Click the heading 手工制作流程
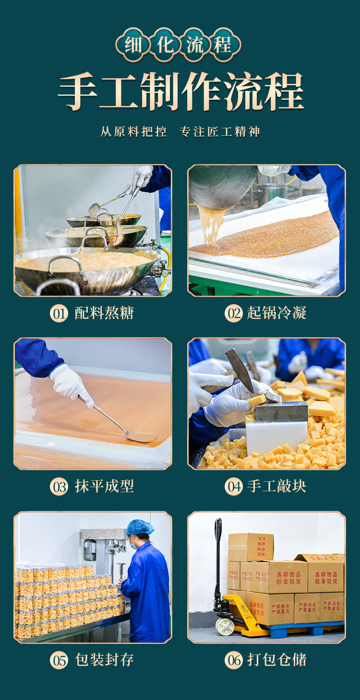[180, 92]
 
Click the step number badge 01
[59, 314]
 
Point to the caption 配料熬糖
[104, 313]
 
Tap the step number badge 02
[234, 314]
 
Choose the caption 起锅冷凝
[277, 313]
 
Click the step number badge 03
[59, 487]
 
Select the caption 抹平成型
[104, 486]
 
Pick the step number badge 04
[234, 487]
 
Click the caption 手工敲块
[277, 486]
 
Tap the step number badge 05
[59, 661]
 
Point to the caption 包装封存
[104, 660]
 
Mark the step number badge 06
[234, 661]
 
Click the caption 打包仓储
[277, 660]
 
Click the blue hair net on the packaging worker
[140, 527]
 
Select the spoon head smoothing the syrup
[141, 437]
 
